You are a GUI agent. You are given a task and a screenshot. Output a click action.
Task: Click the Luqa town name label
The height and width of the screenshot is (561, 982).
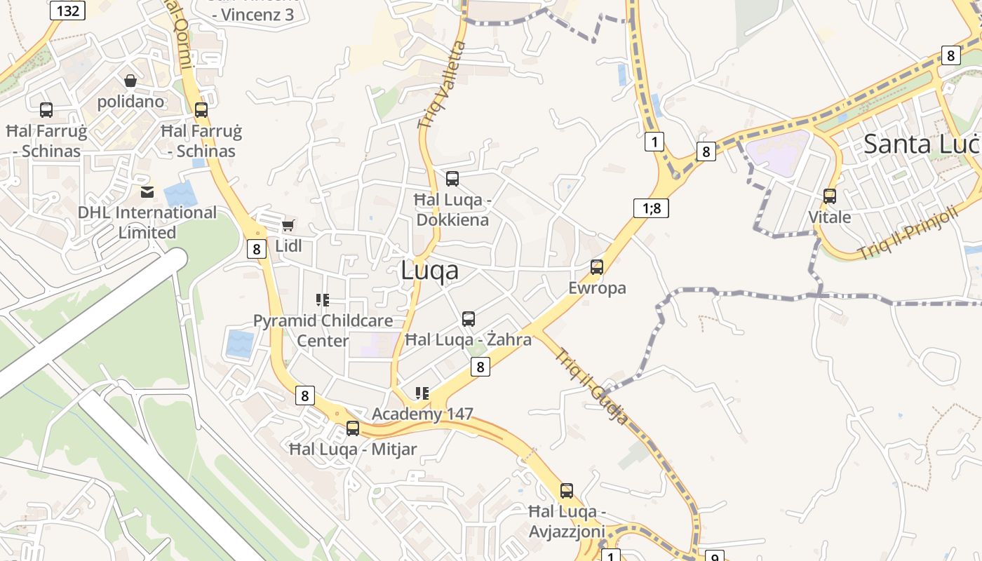coord(429,271)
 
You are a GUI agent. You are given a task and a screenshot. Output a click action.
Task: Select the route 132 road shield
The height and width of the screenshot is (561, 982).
coord(68,10)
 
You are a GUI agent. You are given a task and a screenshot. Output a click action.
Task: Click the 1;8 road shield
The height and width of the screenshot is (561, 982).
coord(651,208)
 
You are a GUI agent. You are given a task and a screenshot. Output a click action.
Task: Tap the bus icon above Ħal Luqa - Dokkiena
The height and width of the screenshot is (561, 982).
coord(452,178)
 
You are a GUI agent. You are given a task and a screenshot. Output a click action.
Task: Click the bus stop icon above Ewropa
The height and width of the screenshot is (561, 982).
coord(597,266)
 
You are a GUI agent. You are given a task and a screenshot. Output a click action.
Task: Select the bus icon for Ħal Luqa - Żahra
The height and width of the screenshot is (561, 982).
coord(469,319)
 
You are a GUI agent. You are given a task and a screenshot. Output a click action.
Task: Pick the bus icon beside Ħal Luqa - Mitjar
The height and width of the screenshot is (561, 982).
coord(353,428)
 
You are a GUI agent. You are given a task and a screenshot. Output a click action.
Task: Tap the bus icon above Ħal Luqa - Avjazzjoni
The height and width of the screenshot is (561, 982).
coord(567,491)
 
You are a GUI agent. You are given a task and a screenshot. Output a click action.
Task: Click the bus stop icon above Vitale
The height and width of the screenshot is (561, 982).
coord(830,196)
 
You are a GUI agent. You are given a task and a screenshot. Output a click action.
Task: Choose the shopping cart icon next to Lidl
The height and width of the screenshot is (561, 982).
coord(288,225)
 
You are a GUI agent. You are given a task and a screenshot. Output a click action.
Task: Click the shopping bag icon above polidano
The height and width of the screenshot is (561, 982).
coord(130,81)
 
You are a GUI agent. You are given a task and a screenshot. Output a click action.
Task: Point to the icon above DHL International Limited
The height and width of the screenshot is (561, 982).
coord(147,191)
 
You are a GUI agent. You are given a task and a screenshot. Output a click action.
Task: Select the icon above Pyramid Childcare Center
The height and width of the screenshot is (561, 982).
coord(323,300)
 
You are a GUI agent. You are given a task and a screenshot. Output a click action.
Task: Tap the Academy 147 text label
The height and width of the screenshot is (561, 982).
coord(422,414)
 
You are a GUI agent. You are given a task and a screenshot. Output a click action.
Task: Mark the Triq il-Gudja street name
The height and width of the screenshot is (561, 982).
coord(591,386)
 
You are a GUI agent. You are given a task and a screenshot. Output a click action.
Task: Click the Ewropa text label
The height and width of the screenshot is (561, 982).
coord(597,288)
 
